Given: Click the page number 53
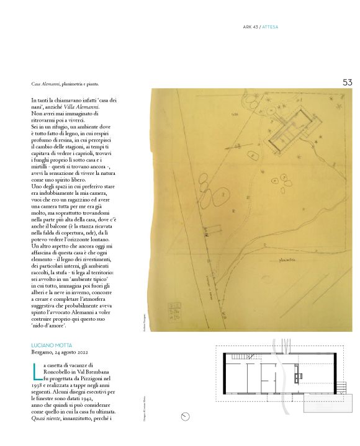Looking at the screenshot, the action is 347,82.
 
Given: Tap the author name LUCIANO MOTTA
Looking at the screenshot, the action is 53,344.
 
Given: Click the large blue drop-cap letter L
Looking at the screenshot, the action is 37,372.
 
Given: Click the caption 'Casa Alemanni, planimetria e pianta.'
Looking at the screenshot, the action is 65,84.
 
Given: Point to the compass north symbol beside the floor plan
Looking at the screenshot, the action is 185,416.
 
